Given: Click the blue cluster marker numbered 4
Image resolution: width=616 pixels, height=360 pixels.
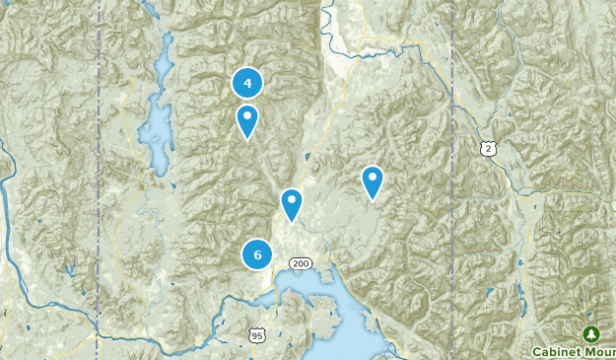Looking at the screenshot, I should pos(247,84).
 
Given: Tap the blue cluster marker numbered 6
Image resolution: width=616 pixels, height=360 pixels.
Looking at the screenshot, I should pos(257,254).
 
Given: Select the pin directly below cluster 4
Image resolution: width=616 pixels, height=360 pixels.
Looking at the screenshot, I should pos(247,120).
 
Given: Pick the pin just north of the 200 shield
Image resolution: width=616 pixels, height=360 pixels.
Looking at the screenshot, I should pos(291,203).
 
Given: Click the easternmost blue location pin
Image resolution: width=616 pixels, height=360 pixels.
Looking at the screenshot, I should pos(372,180).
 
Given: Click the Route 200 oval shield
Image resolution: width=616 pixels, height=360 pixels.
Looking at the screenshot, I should pos(301,263).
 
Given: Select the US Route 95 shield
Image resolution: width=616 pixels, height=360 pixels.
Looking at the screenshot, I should pos(257,335).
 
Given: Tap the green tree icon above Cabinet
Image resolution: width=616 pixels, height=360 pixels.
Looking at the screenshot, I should pos(590,333).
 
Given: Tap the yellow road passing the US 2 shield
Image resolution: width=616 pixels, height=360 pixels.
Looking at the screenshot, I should pos(513,178).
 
